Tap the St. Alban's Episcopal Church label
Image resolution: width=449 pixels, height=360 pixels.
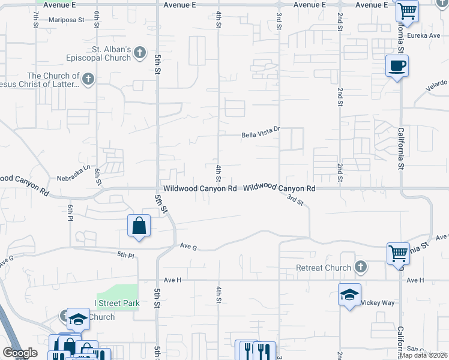(x=100, y=53)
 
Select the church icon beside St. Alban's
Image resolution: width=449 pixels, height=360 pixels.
(x=140, y=53)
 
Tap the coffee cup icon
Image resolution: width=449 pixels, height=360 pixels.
(x=397, y=65)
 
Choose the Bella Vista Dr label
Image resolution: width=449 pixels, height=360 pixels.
(x=261, y=134)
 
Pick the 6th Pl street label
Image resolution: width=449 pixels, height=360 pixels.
(x=70, y=212)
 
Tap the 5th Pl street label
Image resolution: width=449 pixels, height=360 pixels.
(x=126, y=255)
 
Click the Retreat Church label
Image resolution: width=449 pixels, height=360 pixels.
(x=324, y=268)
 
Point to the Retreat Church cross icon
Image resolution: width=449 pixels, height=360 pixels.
(x=361, y=266)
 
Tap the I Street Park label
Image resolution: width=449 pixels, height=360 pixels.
(x=116, y=304)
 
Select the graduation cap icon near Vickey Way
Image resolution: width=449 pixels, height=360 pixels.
(x=349, y=295)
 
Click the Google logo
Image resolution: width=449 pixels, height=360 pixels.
(x=20, y=353)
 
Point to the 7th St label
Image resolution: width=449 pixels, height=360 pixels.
(x=35, y=17)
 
